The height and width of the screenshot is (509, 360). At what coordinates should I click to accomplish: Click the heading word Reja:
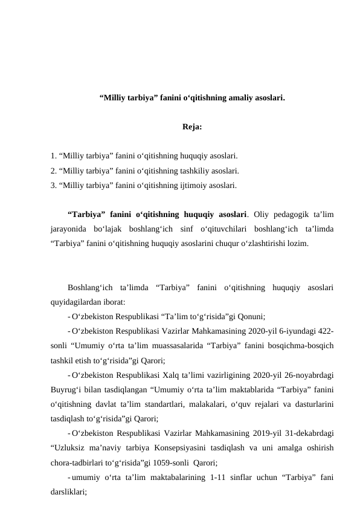click(191, 128)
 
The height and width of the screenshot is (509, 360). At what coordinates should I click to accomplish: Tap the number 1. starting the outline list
click(54, 155)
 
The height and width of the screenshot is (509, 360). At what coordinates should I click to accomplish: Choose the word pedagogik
click(294, 215)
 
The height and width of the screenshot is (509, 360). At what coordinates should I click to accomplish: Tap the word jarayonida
click(68, 230)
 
